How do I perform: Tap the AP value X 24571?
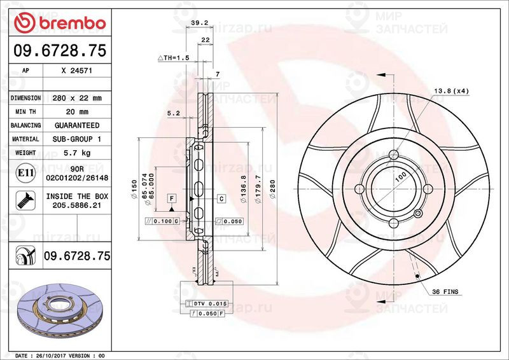point(77,71)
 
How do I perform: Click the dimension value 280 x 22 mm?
point(77,98)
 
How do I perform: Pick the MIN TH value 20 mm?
point(77,112)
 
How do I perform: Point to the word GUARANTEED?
point(77,125)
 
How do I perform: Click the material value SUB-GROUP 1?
point(77,139)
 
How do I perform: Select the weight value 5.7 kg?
point(77,153)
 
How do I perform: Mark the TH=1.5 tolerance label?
point(174,58)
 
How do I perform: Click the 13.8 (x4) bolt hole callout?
point(451,92)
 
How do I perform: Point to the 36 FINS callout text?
point(445,292)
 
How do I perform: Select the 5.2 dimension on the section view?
point(172,114)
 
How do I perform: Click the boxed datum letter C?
point(221,198)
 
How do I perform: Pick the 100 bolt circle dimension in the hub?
point(400,179)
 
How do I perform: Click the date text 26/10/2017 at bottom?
point(54,355)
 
